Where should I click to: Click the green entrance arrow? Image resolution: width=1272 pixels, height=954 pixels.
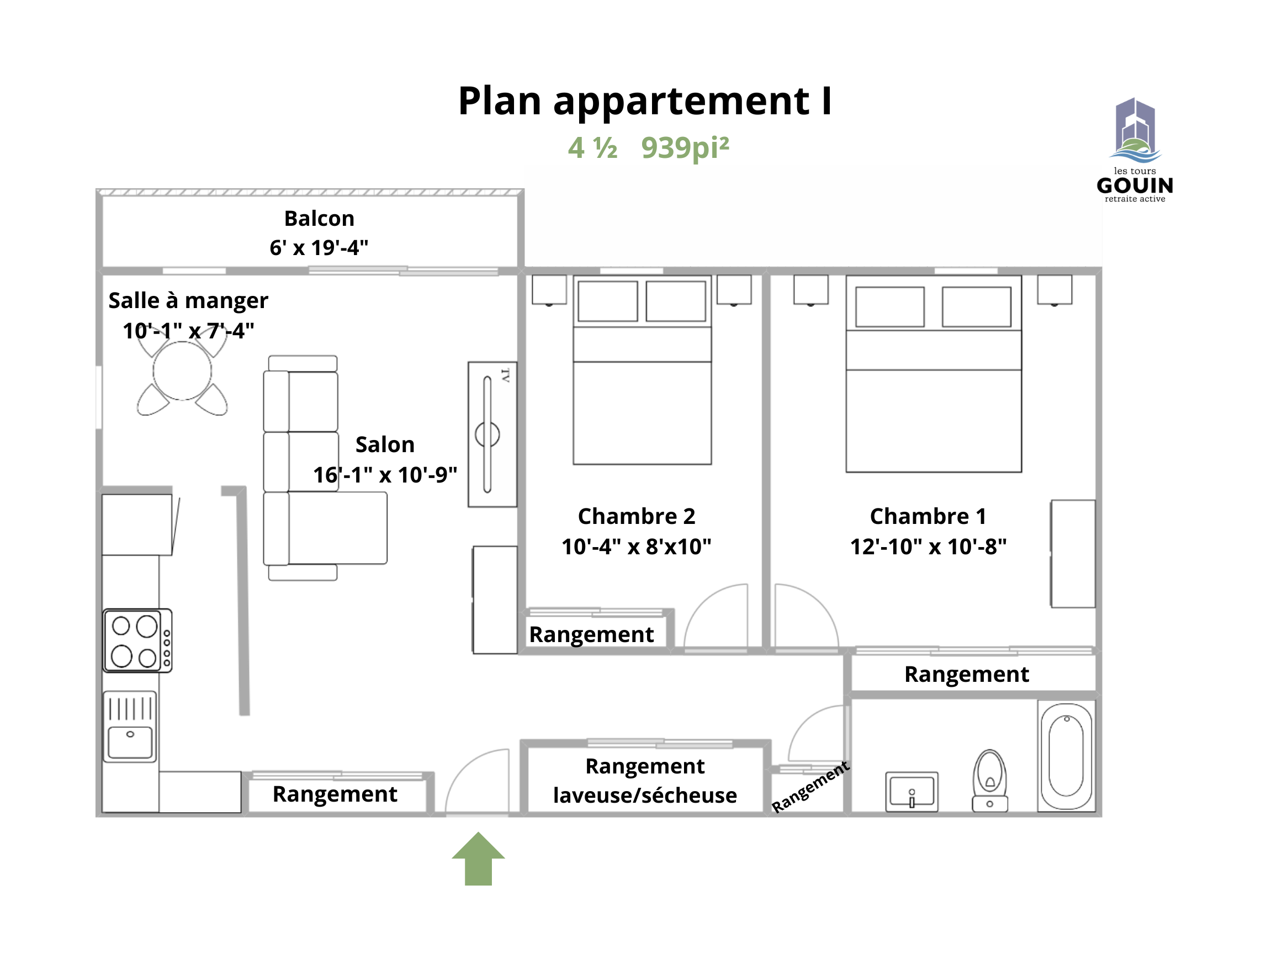click(x=478, y=858)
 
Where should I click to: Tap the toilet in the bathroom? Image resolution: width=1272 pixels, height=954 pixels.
click(x=990, y=781)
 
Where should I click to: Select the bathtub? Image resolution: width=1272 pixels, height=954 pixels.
click(x=1066, y=756)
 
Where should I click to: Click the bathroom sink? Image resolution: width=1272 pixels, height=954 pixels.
click(x=911, y=792)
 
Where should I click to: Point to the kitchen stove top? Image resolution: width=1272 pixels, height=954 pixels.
click(x=137, y=640)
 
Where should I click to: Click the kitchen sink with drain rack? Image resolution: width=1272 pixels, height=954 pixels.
click(x=130, y=727)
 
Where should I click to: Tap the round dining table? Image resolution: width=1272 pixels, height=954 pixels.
click(x=182, y=371)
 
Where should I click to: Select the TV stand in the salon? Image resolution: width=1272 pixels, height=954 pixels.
click(x=492, y=434)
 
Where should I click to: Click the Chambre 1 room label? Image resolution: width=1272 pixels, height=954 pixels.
click(x=928, y=516)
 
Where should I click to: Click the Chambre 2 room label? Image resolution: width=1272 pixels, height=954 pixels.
click(x=637, y=516)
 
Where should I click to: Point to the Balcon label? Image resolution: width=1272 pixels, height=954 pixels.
click(x=319, y=219)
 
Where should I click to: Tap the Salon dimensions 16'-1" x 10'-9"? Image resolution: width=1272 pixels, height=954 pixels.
click(x=385, y=475)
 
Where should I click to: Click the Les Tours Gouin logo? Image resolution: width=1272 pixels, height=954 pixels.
click(x=1135, y=150)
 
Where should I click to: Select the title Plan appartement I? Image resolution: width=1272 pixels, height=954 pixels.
click(x=645, y=100)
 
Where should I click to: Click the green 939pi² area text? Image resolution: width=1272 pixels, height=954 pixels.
click(x=685, y=148)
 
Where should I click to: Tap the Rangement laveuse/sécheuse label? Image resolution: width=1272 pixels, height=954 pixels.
click(x=645, y=781)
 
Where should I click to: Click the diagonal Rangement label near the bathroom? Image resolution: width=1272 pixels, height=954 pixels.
click(x=810, y=787)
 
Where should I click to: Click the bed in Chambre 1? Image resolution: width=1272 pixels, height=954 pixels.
click(x=934, y=374)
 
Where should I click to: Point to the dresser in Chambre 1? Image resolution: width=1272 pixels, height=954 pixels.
click(x=1073, y=554)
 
